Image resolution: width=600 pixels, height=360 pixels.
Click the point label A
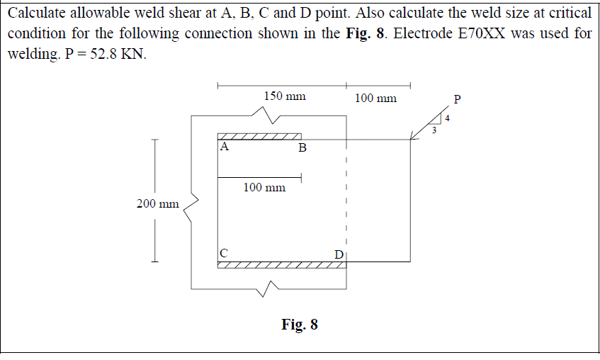[224, 147]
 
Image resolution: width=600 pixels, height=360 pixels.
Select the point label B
[302, 148]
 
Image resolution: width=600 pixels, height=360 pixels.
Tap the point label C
[224, 252]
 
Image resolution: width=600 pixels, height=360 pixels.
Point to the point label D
[339, 254]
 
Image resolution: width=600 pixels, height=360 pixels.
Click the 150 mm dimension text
[284, 96]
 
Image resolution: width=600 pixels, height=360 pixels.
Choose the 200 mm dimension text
[157, 204]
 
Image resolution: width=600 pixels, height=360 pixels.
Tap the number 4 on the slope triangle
[447, 118]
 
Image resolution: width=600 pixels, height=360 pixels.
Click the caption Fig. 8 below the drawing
[300, 325]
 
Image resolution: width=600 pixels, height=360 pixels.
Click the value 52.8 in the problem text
[100, 55]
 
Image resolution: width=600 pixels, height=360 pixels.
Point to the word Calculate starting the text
[38, 12]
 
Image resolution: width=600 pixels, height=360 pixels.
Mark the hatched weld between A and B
[259, 136]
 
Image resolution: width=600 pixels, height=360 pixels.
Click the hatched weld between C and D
[282, 265]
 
